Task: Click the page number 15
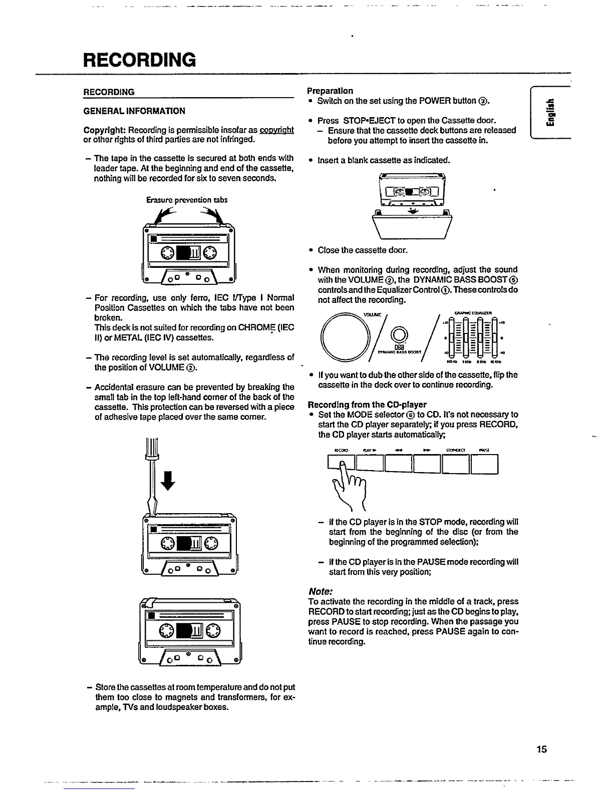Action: coord(541,749)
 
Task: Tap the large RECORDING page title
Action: coord(140,60)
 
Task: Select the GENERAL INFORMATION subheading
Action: coord(134,111)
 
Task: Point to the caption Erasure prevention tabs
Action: coord(187,200)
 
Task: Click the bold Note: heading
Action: coord(321,591)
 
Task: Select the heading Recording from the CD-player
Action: coord(367,405)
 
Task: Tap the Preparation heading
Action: coord(330,91)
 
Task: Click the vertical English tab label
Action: coord(551,114)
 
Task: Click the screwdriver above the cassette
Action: coord(151,473)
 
